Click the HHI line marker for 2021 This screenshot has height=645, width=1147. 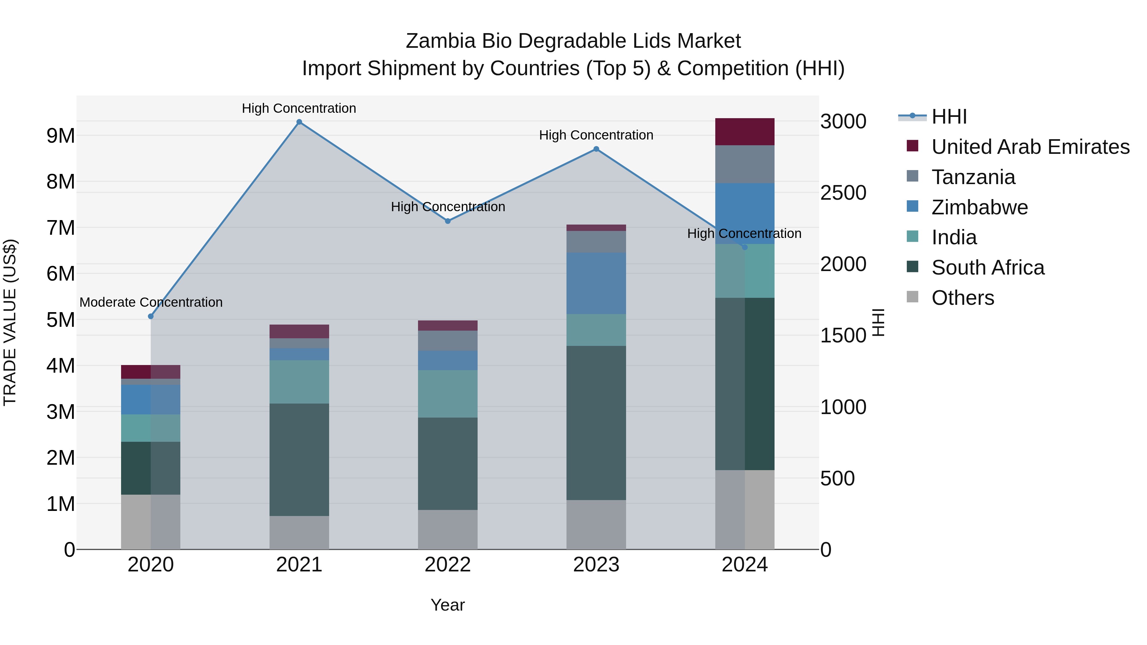(299, 122)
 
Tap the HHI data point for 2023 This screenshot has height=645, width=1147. (596, 149)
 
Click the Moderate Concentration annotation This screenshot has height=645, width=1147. (151, 302)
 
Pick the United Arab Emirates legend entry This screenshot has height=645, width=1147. (1030, 147)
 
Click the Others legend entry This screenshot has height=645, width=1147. (962, 298)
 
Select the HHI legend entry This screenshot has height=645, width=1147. (949, 117)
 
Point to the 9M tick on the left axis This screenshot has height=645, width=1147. (61, 136)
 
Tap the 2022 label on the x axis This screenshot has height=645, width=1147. (448, 565)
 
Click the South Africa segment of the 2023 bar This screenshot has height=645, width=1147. (596, 423)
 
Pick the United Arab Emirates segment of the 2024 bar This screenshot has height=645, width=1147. (745, 132)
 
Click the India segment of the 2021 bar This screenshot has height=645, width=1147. (299, 382)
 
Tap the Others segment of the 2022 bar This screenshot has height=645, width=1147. (448, 530)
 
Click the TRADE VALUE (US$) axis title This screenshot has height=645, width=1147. (10, 322)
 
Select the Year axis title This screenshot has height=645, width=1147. (448, 605)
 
